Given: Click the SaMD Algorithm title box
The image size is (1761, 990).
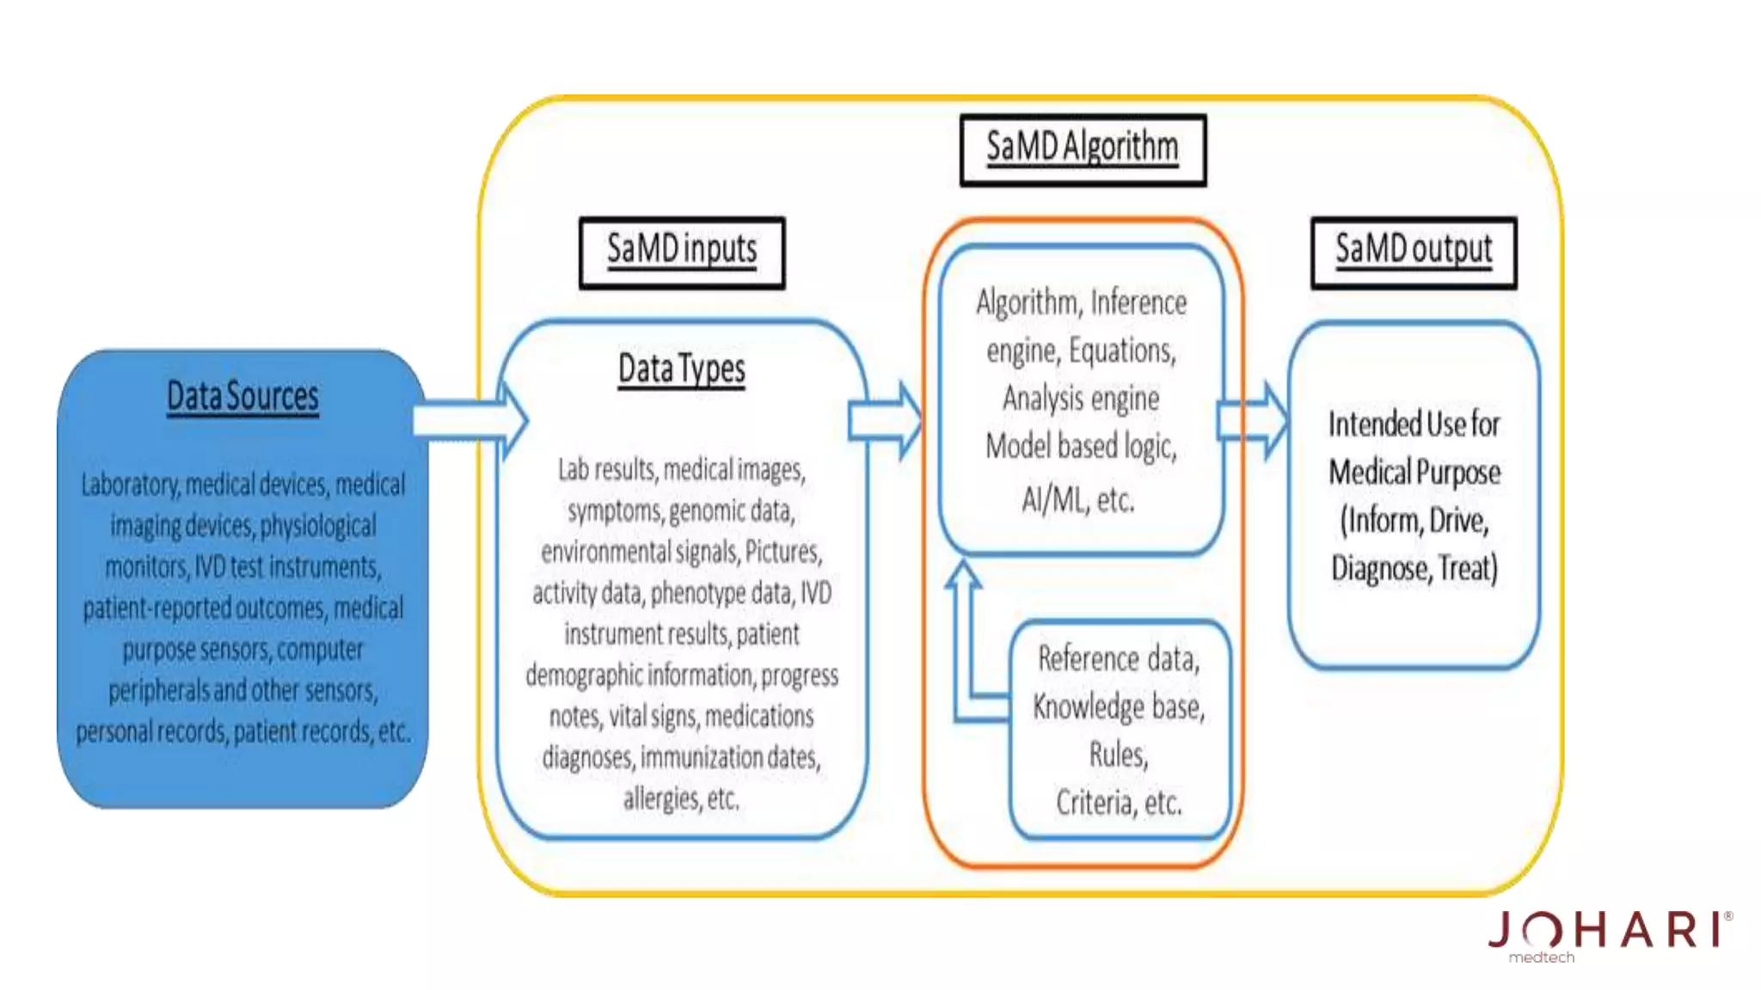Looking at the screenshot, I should [1083, 150].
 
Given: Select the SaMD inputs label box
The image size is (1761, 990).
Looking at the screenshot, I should [682, 252].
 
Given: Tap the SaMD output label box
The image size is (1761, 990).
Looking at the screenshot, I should [1414, 252].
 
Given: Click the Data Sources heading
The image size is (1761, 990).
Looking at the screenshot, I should [242, 397].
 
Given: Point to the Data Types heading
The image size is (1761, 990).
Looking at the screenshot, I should [682, 370].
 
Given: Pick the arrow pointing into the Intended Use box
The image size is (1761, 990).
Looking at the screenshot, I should [1253, 420].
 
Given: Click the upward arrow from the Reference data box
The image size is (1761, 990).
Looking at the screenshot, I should [965, 636].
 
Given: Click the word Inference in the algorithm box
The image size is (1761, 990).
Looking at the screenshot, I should [1138, 303].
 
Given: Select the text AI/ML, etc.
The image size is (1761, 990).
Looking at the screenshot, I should [1078, 499].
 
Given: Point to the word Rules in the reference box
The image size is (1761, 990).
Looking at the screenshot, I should [1118, 755].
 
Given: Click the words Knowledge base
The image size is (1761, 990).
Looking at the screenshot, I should [1118, 707].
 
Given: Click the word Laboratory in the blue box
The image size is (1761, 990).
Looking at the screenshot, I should [130, 486].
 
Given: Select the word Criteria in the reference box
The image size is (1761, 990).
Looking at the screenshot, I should [1093, 803].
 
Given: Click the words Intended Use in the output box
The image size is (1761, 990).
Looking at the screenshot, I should [1414, 425].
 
